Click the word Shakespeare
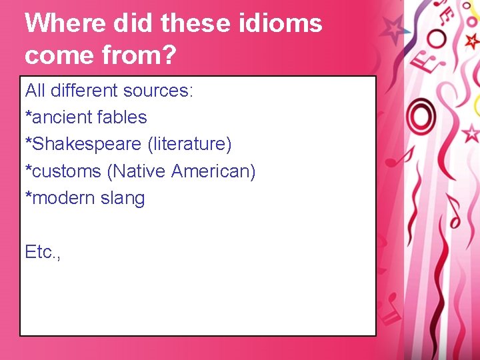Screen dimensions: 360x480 (83, 145)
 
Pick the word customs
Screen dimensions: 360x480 (66, 171)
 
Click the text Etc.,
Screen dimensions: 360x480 (43, 252)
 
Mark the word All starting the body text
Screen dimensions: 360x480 (35, 90)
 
